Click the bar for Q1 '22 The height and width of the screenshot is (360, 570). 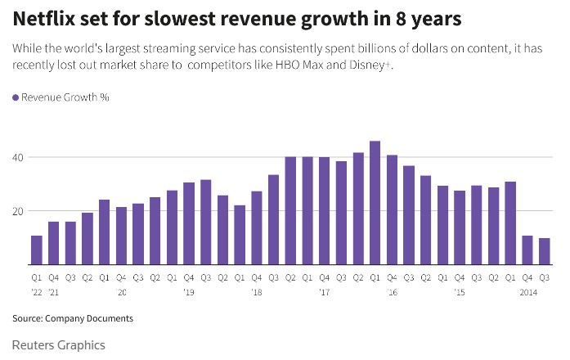(x=37, y=250)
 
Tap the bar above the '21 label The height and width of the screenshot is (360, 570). (x=54, y=243)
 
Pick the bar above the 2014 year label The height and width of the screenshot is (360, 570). (x=527, y=250)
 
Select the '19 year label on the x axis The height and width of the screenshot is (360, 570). (x=189, y=291)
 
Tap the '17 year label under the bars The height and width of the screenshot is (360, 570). (x=324, y=291)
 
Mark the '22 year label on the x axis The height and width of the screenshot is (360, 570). (x=37, y=291)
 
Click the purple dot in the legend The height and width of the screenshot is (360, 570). (x=16, y=97)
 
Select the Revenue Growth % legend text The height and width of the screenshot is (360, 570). (x=65, y=97)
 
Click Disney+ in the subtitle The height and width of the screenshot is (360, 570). (x=370, y=65)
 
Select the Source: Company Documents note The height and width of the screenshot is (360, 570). (x=72, y=317)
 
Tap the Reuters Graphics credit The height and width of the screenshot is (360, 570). (x=59, y=344)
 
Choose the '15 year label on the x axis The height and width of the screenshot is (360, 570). (x=459, y=291)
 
